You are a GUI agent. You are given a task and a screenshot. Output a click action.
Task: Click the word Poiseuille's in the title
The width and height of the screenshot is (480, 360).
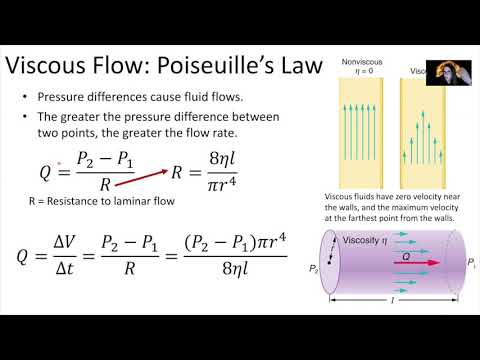pos(254,67)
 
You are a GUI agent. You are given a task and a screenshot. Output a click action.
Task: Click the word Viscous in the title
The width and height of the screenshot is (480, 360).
pos(56,67)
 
